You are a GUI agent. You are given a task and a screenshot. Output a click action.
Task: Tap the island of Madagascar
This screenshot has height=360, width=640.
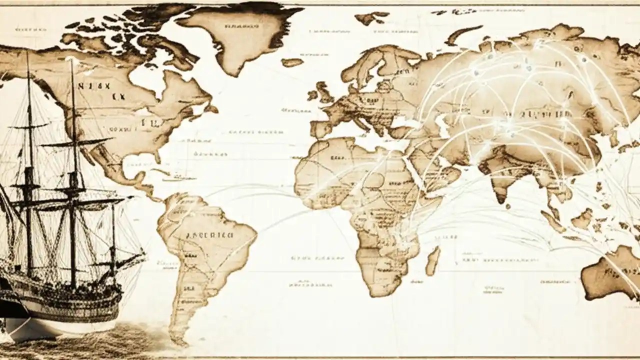(x=432, y=260)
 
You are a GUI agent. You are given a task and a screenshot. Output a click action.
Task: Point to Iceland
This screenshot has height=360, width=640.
(x=292, y=62)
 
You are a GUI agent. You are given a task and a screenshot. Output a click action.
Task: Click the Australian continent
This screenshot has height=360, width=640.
(x=612, y=272)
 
